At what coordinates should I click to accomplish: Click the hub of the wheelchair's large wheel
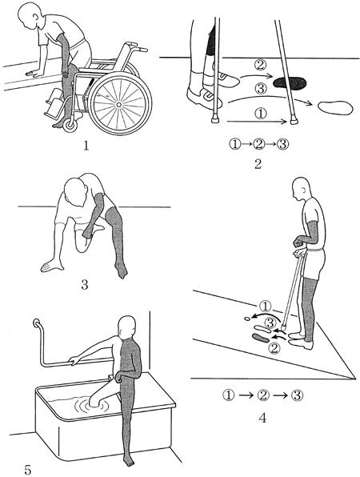(119, 105)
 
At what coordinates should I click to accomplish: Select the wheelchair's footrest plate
(55, 105)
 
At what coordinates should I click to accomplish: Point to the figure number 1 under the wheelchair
(86, 146)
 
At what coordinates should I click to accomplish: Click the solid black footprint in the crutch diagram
(290, 83)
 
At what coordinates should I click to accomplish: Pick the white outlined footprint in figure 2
(336, 108)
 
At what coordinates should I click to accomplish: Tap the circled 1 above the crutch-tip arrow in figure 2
(260, 114)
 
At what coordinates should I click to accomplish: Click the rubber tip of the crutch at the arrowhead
(294, 121)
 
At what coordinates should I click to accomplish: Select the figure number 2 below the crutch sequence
(258, 164)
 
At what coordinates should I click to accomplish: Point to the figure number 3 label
(85, 285)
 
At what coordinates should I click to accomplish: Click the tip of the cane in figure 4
(283, 328)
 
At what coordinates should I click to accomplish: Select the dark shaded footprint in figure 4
(261, 338)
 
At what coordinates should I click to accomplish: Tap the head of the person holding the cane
(302, 188)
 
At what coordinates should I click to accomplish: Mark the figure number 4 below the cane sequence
(262, 418)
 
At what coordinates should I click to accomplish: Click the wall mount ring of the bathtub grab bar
(37, 323)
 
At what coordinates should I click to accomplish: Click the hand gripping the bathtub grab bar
(74, 360)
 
